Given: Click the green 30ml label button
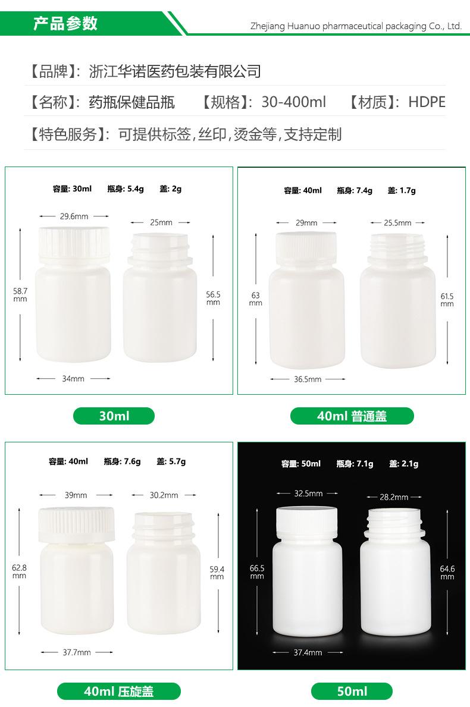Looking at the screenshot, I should click(x=114, y=416).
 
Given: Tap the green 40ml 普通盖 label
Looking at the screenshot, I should click(x=352, y=416).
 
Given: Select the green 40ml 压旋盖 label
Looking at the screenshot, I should click(x=118, y=691).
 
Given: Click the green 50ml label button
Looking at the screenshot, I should click(x=352, y=691).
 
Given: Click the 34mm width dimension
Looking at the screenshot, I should click(x=73, y=378).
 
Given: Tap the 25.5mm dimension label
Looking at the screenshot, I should click(x=397, y=223).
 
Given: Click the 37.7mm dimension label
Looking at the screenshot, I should click(x=77, y=652).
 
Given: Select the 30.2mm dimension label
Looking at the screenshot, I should click(x=164, y=495).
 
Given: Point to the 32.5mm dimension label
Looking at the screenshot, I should click(x=308, y=494).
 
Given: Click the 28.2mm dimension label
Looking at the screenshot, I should click(x=394, y=497).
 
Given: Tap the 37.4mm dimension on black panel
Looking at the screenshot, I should click(x=308, y=652).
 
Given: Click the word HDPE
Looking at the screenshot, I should click(x=427, y=102).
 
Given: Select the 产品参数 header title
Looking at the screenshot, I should click(x=65, y=24).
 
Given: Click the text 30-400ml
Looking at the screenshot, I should click(x=293, y=102).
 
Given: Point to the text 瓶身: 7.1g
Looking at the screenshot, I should click(x=355, y=464).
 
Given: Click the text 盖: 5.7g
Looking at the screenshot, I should click(x=171, y=461).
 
